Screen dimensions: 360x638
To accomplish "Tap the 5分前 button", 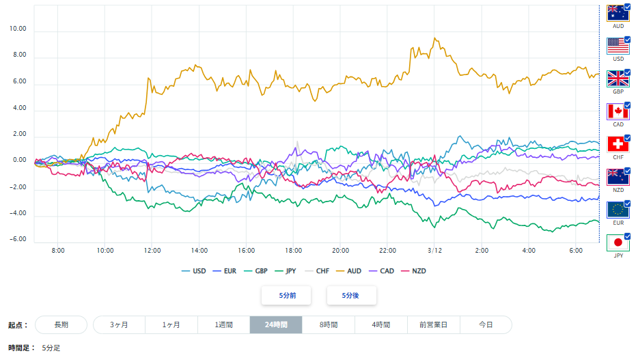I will (286, 295).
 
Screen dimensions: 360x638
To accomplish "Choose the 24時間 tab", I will (275, 324).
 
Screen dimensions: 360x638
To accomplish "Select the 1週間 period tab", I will (223, 324).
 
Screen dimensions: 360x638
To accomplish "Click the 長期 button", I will (61, 324).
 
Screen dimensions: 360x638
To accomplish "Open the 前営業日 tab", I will (434, 324).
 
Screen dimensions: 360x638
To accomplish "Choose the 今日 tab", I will (486, 324).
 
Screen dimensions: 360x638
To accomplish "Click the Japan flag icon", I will (618, 243).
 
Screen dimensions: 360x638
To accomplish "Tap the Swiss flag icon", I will (618, 144).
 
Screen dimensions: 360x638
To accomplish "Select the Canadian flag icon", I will (618, 111).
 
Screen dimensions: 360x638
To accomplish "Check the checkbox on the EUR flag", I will (627, 204).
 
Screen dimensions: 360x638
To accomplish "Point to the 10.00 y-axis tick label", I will (16, 29).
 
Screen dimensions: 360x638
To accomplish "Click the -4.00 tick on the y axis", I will (16, 213).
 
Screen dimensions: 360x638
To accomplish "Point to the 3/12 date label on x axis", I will (434, 251).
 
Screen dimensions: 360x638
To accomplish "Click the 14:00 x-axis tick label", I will (199, 251).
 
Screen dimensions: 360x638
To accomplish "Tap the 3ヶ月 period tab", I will (119, 324).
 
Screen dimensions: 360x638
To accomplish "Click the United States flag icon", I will (618, 46).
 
